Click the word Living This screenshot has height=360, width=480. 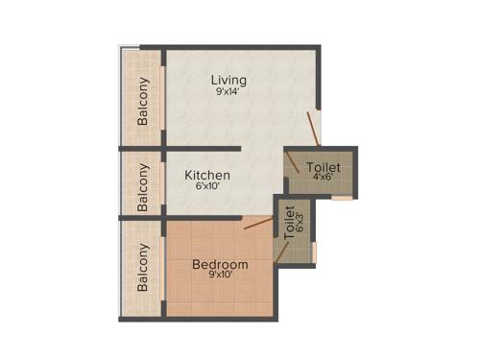pos(229,79)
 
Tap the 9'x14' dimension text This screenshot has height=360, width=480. pos(229,91)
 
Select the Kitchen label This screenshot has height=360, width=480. pos(207,176)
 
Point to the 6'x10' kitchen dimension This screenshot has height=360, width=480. pos(207,188)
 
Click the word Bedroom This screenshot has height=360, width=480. pos(220,264)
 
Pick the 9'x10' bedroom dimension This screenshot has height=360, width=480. pos(220,276)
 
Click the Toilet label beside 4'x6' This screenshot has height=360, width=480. pos(323,168)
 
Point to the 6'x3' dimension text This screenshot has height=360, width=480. pos(300,226)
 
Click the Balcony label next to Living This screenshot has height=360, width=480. pos(142,100)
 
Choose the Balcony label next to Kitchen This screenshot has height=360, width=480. pos(142,186)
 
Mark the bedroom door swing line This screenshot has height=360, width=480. pos(256,224)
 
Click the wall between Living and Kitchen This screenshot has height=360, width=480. pos(202,149)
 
